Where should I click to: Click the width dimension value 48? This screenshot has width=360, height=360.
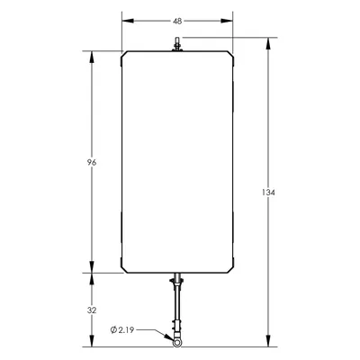click(177, 21)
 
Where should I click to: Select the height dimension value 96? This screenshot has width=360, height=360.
click(92, 163)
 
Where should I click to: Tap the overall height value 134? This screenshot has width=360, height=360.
click(268, 193)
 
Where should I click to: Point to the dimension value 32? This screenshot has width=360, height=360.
click(92, 310)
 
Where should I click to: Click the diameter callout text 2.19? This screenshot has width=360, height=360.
click(126, 330)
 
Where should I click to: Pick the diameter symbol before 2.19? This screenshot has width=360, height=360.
click(113, 330)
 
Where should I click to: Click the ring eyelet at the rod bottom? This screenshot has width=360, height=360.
click(177, 342)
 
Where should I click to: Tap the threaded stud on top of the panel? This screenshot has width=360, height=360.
click(177, 44)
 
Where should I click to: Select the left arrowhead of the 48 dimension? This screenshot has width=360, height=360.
click(128, 21)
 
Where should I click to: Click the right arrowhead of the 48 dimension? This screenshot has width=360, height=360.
click(227, 21)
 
